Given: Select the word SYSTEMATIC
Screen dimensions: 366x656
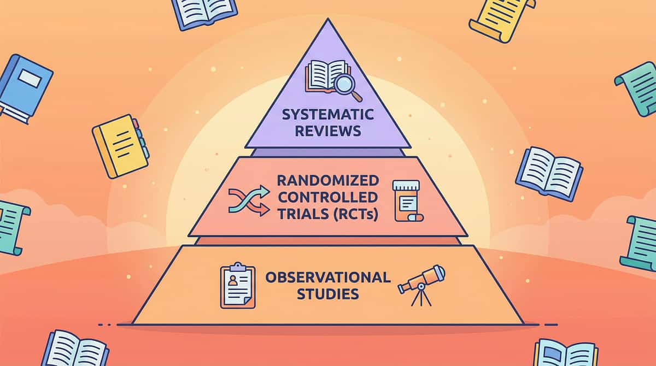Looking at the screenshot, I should (x=327, y=116).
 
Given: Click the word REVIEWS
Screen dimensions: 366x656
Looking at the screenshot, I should (x=327, y=132).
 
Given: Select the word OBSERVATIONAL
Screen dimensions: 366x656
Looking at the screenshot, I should (x=327, y=277).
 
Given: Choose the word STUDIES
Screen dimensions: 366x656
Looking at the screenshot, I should (x=327, y=294).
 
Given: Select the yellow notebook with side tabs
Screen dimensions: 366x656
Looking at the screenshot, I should (x=119, y=145).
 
